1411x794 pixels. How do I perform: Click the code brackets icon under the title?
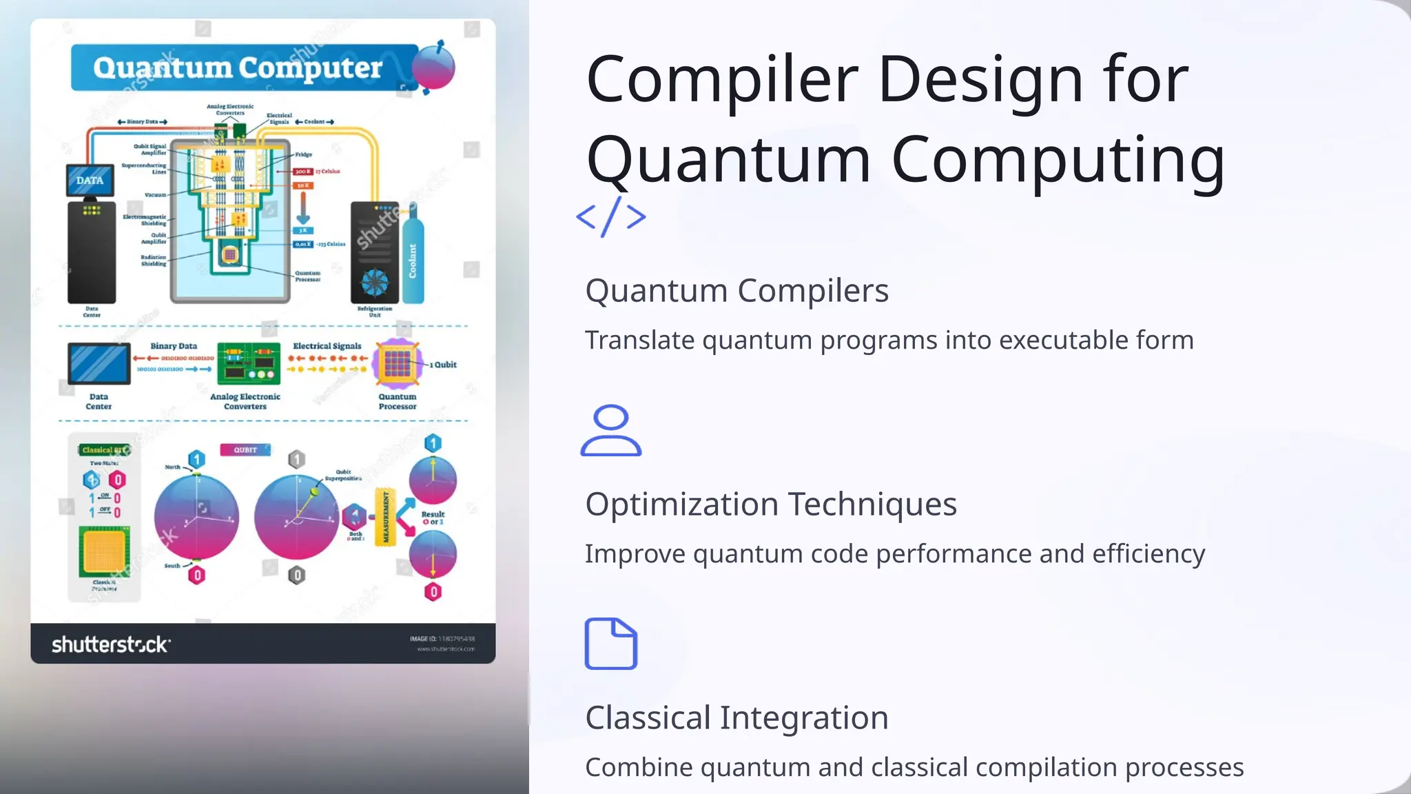611,216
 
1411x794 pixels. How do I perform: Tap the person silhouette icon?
610,431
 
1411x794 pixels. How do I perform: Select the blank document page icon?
610,644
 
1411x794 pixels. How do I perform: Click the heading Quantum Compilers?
737,290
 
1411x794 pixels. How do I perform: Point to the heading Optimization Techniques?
770,504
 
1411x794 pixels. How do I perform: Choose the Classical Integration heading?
737,717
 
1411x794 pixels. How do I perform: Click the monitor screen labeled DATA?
90,181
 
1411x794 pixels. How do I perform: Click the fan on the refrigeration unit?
375,282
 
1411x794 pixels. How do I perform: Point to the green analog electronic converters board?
249,363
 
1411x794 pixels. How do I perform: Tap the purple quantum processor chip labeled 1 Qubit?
398,363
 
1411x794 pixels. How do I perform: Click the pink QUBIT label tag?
245,449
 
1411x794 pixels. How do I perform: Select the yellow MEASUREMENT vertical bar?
385,517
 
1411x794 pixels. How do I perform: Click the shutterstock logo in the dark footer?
110,644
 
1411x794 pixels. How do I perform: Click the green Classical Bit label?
103,449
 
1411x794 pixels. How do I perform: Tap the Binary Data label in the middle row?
174,346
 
